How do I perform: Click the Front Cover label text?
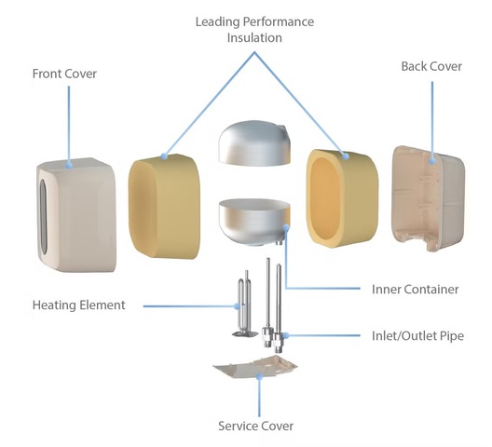64,74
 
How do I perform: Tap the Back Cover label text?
431,66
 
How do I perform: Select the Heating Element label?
79,305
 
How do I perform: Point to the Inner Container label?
416,290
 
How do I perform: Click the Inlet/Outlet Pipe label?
417,335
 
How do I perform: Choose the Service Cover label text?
255,426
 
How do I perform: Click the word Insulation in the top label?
254,37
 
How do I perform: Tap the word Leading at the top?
217,21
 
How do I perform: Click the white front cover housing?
76,214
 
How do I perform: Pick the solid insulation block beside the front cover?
164,206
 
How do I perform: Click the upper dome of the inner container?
254,143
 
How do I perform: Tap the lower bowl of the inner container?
254,222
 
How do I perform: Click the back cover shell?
429,198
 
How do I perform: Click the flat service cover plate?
255,367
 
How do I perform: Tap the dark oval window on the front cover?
43,217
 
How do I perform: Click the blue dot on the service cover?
259,376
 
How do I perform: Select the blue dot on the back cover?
432,161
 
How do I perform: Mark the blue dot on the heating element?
238,305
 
